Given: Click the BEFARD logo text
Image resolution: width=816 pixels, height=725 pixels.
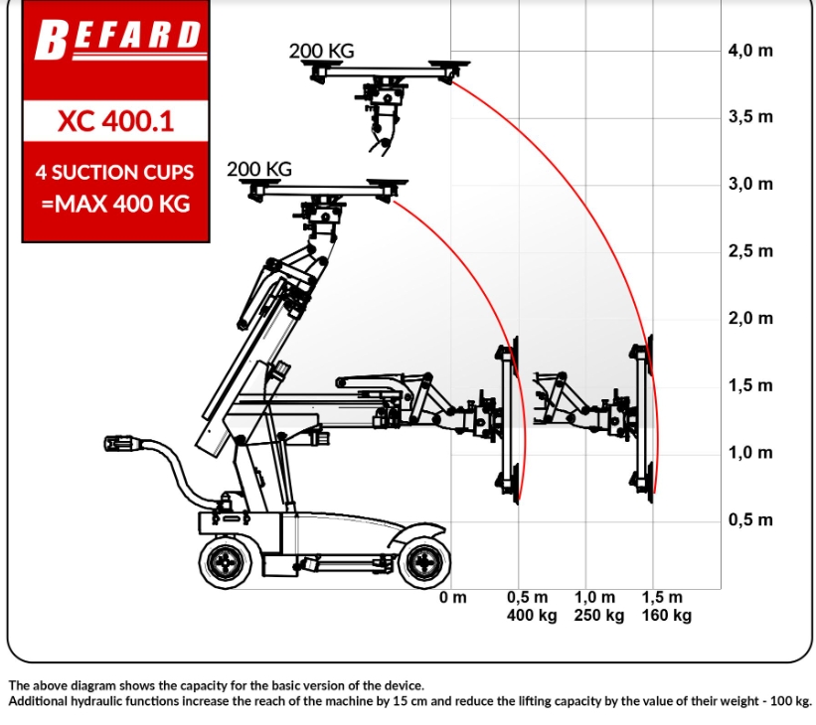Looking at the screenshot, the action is [x=118, y=39].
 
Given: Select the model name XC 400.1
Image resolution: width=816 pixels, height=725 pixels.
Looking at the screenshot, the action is [x=115, y=122].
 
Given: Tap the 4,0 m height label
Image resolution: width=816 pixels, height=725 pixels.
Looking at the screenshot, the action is [x=750, y=51].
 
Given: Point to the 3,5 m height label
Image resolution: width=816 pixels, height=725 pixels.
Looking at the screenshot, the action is [x=750, y=117].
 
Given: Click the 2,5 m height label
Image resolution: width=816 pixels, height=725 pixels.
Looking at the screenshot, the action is [x=750, y=251].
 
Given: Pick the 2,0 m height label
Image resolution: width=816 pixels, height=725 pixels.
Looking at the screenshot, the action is [x=750, y=318].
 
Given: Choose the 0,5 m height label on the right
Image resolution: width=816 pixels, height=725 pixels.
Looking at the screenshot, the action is [x=750, y=519].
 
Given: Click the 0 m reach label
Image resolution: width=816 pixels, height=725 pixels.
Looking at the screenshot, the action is [x=453, y=597].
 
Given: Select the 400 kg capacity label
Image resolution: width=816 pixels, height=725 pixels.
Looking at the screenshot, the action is [x=532, y=616].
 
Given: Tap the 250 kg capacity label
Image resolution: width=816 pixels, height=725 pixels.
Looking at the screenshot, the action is [x=599, y=616].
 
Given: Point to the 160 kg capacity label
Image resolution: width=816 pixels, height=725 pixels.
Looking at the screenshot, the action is [x=667, y=616].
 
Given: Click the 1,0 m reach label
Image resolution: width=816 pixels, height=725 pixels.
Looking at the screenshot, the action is [x=594, y=597].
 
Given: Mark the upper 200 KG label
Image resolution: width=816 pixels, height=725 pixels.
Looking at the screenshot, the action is [x=322, y=51].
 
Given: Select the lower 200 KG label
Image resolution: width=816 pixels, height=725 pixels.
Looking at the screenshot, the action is [x=259, y=169].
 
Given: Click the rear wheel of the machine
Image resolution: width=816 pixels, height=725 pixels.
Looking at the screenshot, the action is [x=226, y=563].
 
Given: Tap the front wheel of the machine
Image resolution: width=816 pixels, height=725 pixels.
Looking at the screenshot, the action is [x=424, y=563].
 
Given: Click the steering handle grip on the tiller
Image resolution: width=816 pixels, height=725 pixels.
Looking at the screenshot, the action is [x=120, y=444].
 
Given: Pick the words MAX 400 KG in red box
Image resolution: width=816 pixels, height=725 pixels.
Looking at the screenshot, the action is [x=122, y=204].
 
